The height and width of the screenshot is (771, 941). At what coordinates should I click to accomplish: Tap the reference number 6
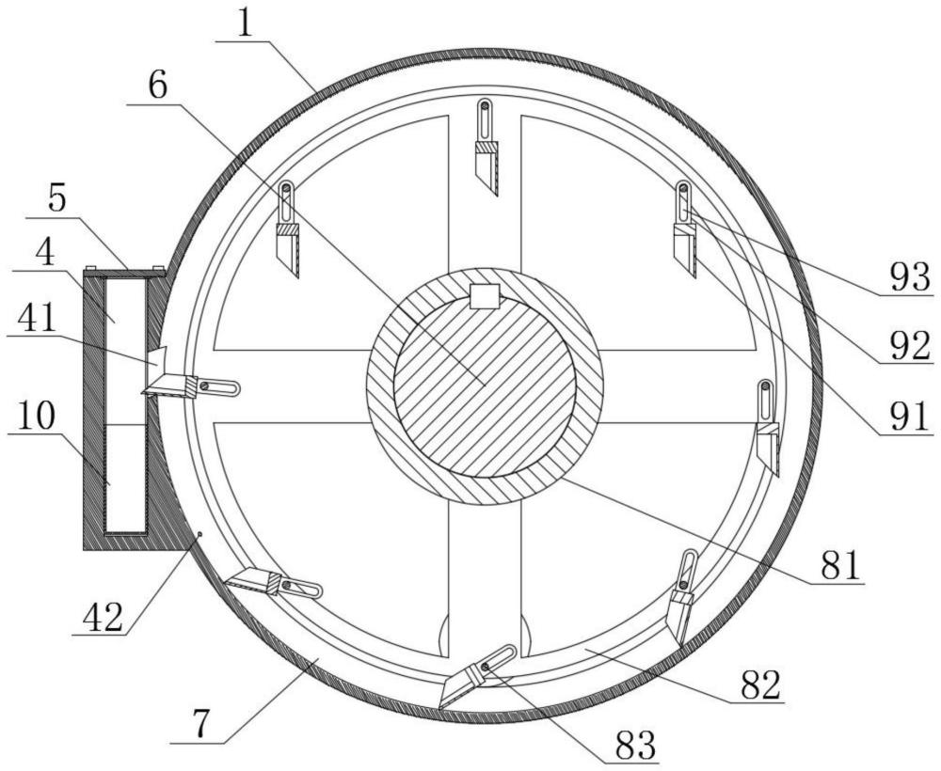pyautogui.click(x=158, y=86)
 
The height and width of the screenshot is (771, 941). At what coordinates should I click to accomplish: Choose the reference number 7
pyautogui.click(x=202, y=725)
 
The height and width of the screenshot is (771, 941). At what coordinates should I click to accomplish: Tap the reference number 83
pyautogui.click(x=637, y=745)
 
